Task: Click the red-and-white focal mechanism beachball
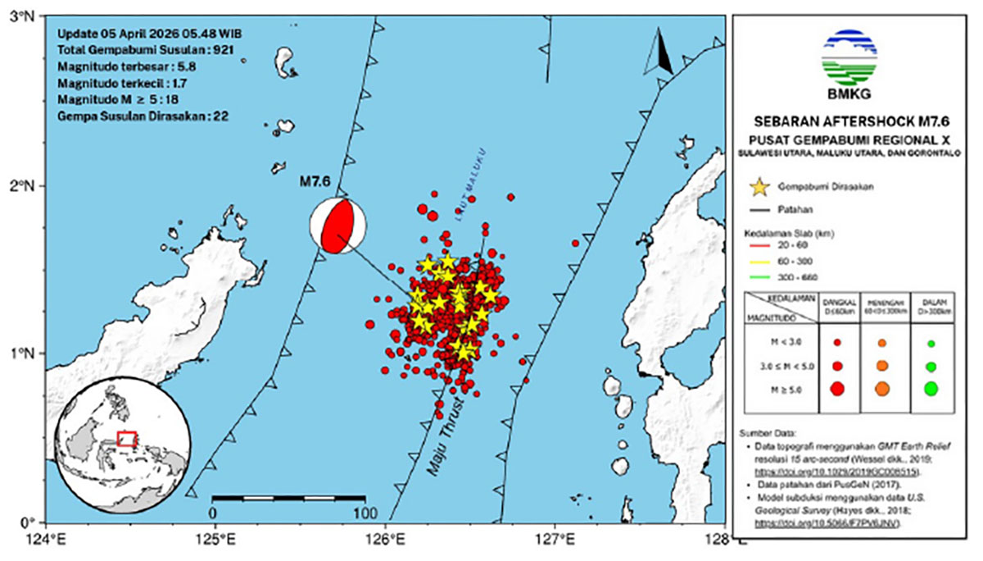337,226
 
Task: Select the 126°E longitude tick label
386,540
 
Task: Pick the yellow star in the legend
761,187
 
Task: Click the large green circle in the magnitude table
931,390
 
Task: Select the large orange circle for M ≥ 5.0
882,390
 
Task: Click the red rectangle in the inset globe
126,439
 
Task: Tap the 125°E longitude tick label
215,540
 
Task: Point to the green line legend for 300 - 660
761,276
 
